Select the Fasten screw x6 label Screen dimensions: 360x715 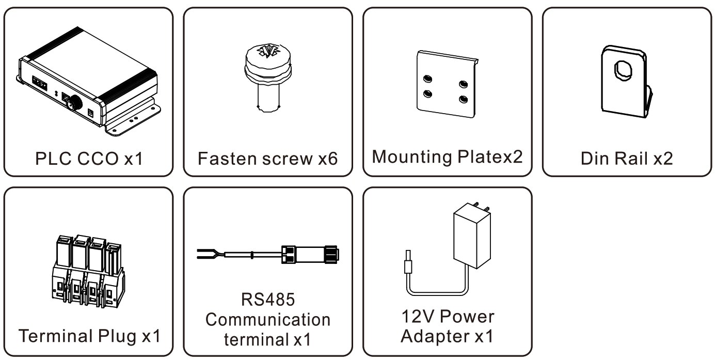267,158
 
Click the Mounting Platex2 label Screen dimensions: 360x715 447,156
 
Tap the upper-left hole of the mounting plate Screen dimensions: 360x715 427,79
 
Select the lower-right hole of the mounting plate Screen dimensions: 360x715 463,98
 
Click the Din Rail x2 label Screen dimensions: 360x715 627,158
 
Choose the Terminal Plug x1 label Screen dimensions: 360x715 89,336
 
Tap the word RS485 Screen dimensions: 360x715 267,301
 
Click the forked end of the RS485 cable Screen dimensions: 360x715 206,254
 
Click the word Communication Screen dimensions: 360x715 267,320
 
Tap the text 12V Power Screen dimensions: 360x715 447,316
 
